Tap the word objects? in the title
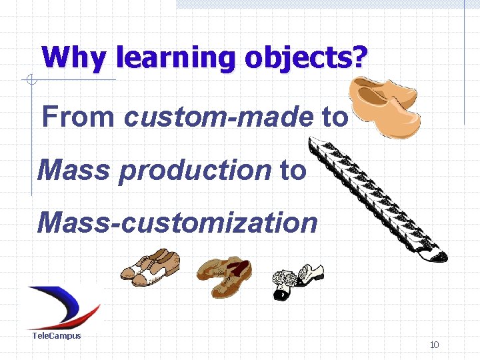click(x=305, y=58)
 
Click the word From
click(x=78, y=117)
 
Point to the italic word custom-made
click(x=217, y=117)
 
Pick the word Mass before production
click(x=73, y=170)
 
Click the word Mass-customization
click(x=178, y=222)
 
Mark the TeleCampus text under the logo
click(x=57, y=335)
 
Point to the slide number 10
click(x=434, y=345)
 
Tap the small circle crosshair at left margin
click(x=30, y=81)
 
